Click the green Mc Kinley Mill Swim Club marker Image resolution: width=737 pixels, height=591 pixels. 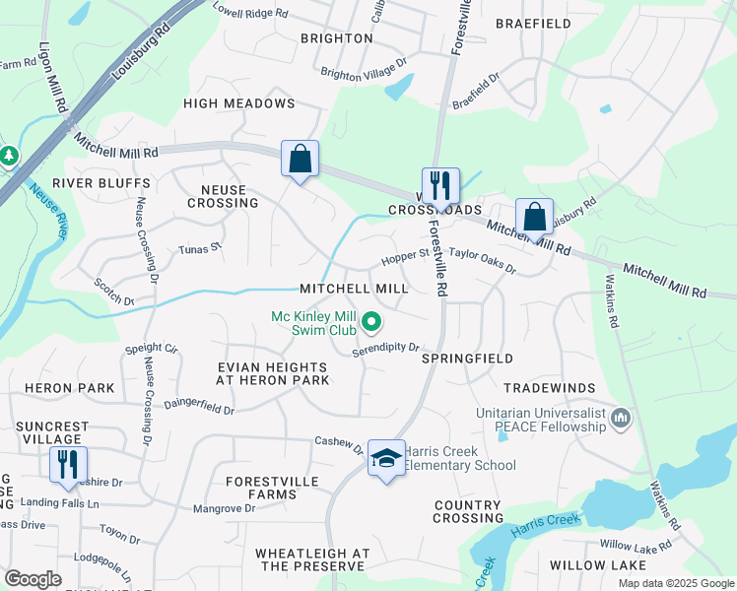pyautogui.click(x=371, y=321)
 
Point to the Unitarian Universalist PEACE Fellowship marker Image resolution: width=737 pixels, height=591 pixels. pyautogui.click(x=621, y=420)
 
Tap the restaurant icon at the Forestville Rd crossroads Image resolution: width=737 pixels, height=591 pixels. pyautogui.click(x=440, y=185)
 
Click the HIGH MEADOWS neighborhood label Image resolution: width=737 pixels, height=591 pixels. pyautogui.click(x=239, y=103)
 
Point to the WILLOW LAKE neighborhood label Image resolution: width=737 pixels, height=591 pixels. pyautogui.click(x=597, y=564)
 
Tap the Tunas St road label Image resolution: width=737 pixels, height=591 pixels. pyautogui.click(x=200, y=249)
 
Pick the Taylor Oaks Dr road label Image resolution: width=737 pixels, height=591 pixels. pyautogui.click(x=483, y=261)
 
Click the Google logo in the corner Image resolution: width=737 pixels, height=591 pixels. pyautogui.click(x=33, y=579)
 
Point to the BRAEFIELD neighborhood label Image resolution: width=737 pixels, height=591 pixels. pyautogui.click(x=533, y=23)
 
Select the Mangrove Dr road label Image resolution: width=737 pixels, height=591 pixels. pyautogui.click(x=224, y=508)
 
